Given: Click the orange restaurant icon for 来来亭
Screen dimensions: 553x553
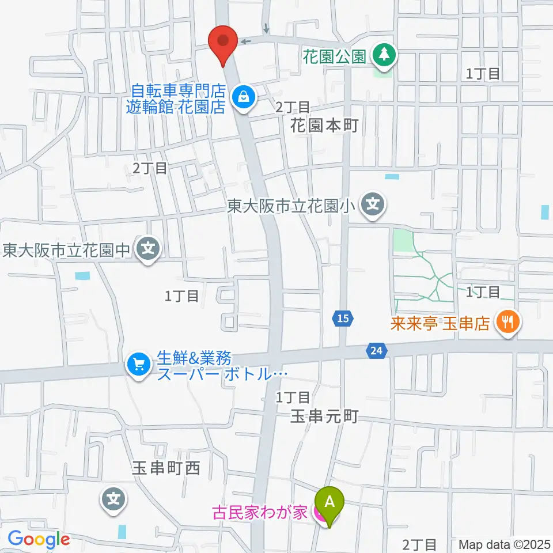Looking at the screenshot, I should point(507,322).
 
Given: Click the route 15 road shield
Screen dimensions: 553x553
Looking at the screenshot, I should point(343,318).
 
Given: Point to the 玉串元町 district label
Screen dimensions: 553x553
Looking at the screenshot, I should point(324,416).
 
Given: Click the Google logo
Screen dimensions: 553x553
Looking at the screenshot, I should point(39,540).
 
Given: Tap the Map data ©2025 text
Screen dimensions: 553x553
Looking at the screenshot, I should point(505,544).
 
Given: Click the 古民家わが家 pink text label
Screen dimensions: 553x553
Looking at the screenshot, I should point(260,512).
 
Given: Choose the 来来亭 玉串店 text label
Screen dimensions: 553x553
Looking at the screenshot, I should point(440,323).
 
